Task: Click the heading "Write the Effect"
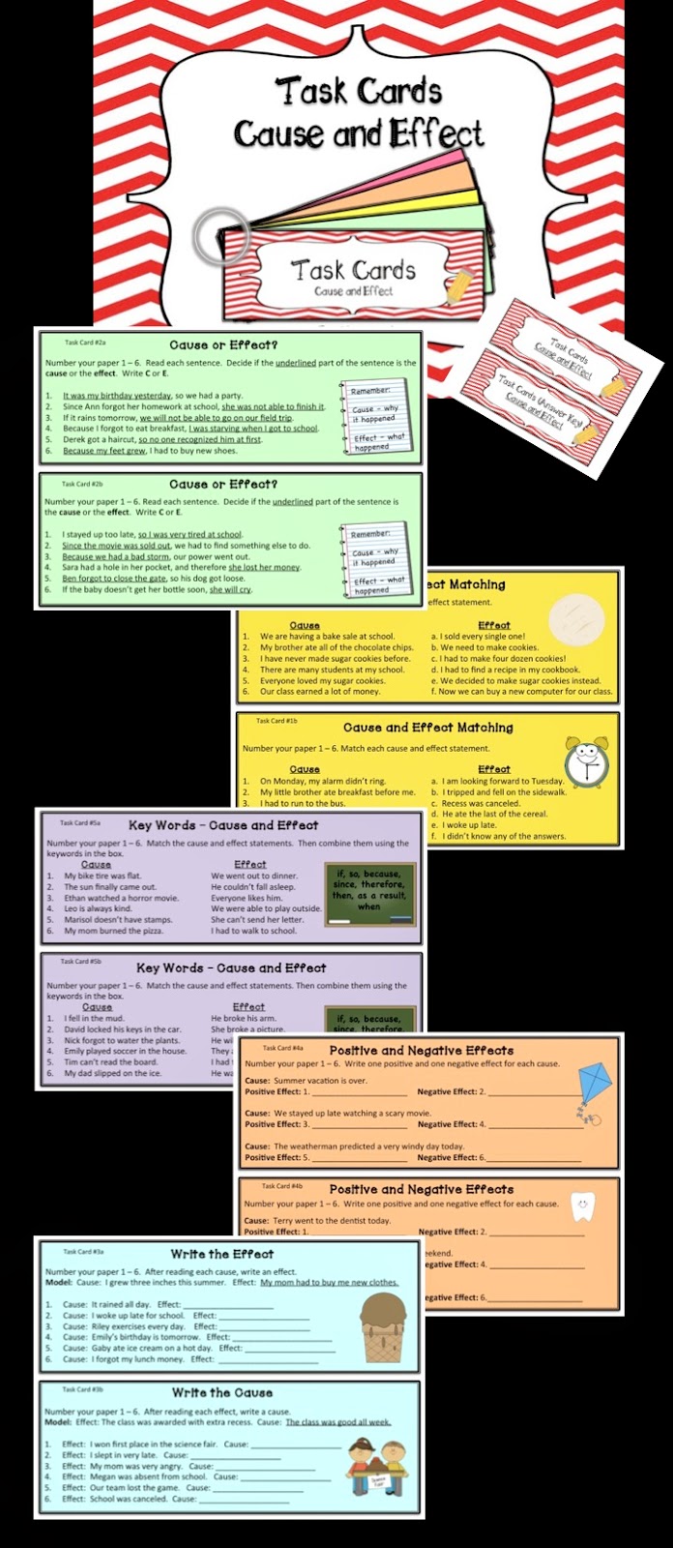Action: click(x=221, y=1254)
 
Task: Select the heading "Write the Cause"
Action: click(x=221, y=1392)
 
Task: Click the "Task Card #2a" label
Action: click(x=85, y=342)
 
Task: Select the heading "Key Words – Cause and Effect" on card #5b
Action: click(x=231, y=967)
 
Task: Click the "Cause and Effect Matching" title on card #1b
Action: click(x=427, y=728)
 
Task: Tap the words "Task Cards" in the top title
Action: click(x=359, y=92)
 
